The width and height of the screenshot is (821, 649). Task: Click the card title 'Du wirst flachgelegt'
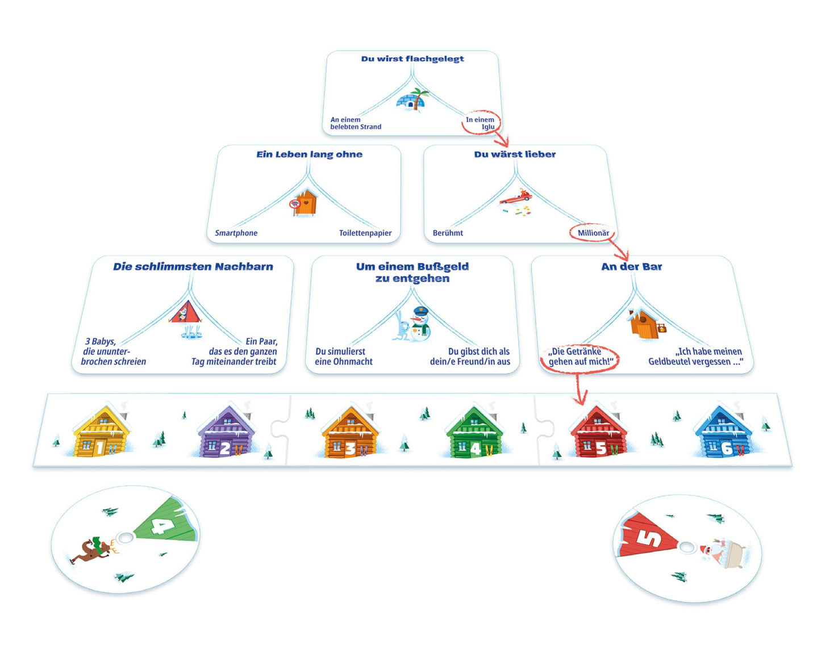click(412, 58)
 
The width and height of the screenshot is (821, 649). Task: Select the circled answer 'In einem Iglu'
click(481, 123)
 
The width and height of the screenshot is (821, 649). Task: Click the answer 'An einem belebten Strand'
click(356, 123)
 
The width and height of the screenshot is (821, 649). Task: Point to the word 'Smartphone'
click(236, 233)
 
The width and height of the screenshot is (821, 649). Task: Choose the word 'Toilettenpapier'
click(365, 233)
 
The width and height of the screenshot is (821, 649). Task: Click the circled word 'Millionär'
click(593, 233)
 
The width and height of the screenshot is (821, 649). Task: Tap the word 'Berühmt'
click(448, 233)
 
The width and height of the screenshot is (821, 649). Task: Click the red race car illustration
click(516, 198)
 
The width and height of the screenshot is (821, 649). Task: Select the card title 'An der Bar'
click(631, 266)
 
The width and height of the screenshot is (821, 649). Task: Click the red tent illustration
click(185, 313)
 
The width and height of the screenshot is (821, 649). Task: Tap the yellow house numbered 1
click(102, 432)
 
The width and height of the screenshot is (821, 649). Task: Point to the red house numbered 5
click(598, 432)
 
